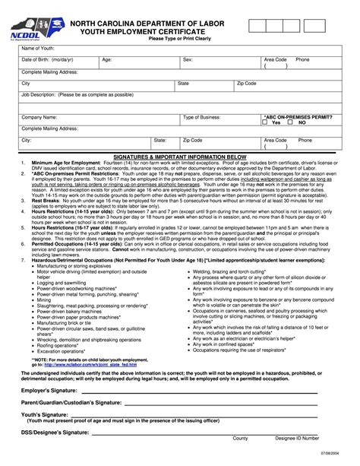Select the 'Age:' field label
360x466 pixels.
pos(107,59)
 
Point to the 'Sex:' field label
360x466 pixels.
pos(188,59)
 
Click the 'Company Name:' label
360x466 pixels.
pos(39,118)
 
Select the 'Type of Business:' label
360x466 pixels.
pos(202,118)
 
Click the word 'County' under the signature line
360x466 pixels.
pos(240,439)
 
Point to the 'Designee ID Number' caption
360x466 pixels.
pos(297,439)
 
